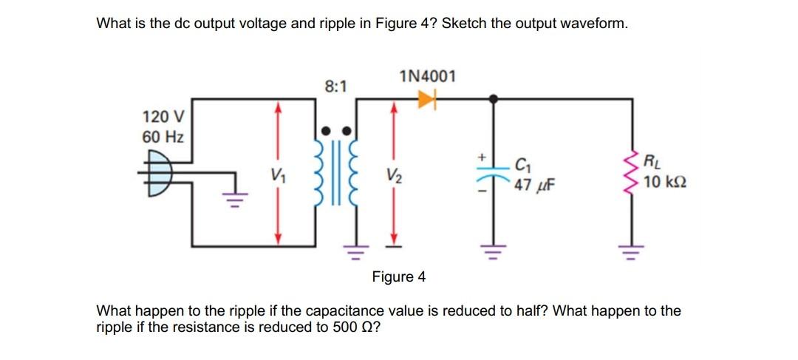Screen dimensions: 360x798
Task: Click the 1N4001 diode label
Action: point(427,77)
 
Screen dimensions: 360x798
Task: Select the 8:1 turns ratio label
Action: point(336,86)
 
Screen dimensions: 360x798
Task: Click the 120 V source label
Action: point(163,118)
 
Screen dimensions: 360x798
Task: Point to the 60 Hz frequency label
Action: point(163,137)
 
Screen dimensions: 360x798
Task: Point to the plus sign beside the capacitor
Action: point(480,157)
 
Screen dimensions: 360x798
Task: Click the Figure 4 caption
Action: point(399,276)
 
